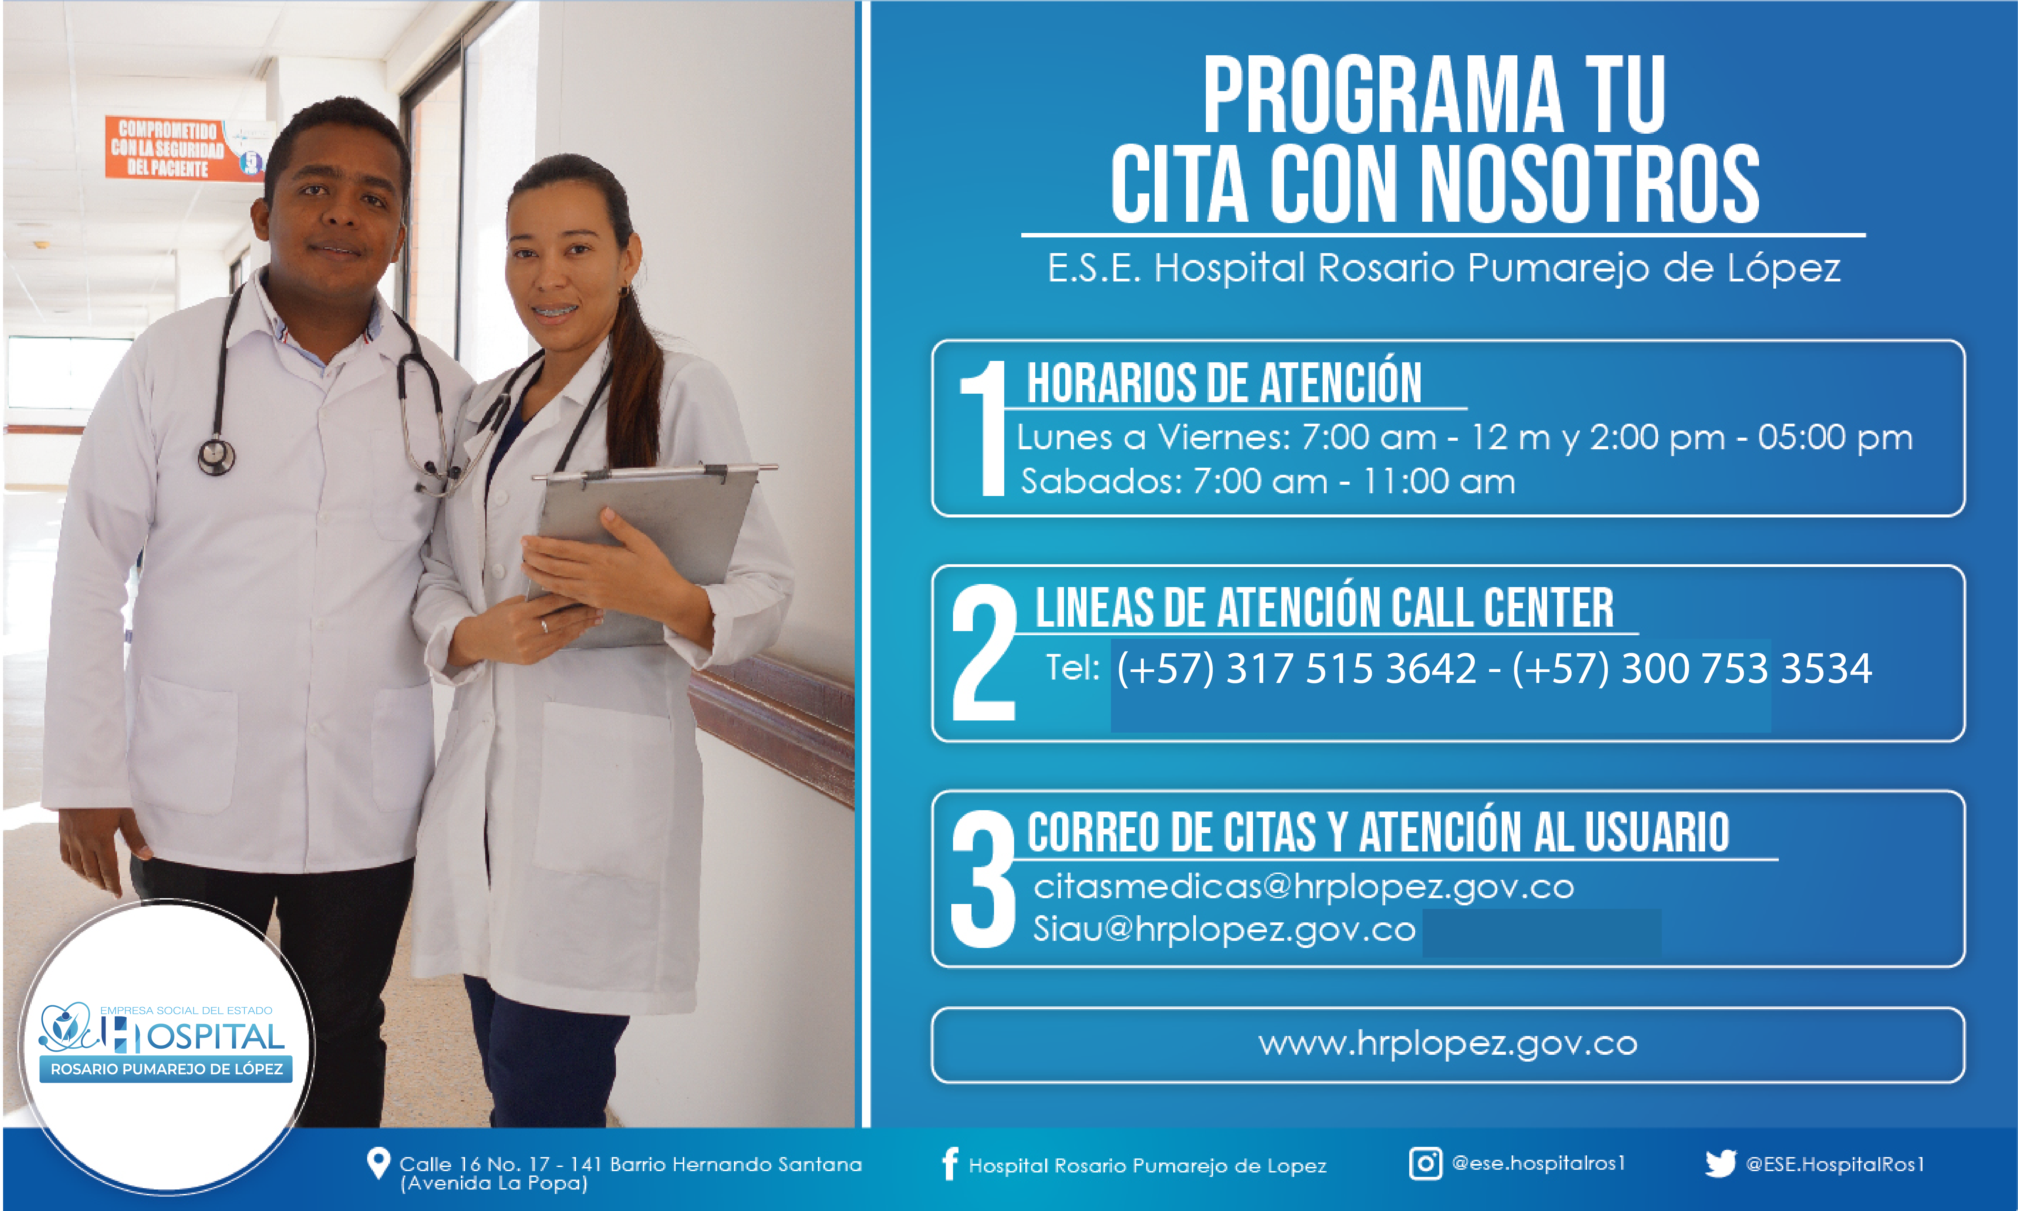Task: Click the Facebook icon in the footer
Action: coord(949,1164)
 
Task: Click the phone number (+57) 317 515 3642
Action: coord(1297,668)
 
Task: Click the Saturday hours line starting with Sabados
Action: coord(1268,481)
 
